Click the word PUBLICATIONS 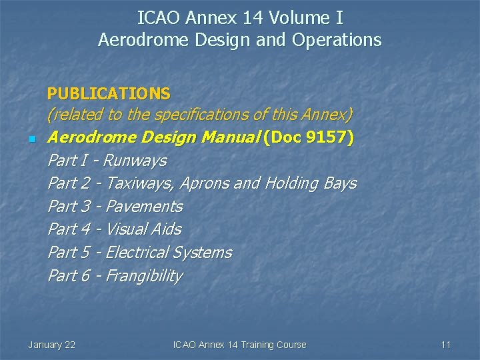109,93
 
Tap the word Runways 135,161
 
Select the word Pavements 144,207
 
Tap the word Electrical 136,253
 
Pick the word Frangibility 144,276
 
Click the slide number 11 446,345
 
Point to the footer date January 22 51,345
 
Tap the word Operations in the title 336,40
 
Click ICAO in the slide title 158,17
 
